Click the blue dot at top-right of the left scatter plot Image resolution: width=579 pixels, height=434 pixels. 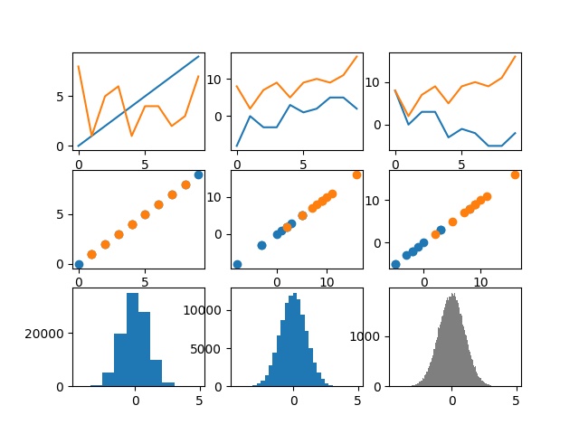[199, 175]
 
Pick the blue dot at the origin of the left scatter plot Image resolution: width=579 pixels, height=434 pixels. [79, 264]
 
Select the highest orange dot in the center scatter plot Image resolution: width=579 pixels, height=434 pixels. [356, 175]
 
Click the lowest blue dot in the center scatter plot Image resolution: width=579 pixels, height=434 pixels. [237, 264]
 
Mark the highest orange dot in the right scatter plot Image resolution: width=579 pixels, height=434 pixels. [515, 175]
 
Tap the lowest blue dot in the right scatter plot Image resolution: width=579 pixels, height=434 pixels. [395, 264]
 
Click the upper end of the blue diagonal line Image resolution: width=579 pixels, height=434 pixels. [199, 56]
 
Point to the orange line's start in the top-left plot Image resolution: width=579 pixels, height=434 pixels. [79, 66]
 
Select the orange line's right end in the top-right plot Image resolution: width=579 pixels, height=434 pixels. [515, 56]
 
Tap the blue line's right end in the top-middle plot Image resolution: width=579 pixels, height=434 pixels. [356, 108]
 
